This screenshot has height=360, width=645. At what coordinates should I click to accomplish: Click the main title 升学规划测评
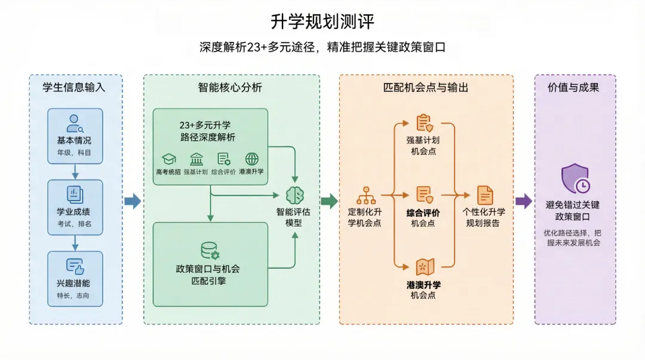322,22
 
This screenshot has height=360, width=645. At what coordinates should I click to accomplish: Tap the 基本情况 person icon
75,123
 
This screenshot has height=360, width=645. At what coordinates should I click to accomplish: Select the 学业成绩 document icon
75,195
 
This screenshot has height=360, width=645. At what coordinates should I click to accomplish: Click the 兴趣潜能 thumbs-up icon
75,266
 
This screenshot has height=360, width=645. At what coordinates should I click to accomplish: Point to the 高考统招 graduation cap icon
169,159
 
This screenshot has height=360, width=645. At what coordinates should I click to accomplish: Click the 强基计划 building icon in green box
196,159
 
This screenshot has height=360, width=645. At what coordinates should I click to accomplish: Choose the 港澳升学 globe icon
252,159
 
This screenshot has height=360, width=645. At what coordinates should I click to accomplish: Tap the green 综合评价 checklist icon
224,159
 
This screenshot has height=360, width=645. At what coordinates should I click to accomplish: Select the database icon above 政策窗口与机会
210,250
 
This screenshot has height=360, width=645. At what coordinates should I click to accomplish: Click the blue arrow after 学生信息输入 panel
133,201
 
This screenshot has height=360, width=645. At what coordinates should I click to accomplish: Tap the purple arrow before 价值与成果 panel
524,201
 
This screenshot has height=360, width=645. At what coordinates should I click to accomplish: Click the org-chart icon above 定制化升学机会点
365,195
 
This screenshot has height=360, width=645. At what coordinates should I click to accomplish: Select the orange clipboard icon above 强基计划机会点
424,123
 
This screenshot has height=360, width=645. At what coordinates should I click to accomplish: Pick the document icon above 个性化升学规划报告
485,195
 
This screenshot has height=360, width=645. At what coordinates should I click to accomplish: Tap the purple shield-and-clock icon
575,179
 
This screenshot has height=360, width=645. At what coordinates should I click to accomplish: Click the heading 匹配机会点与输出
426,88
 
